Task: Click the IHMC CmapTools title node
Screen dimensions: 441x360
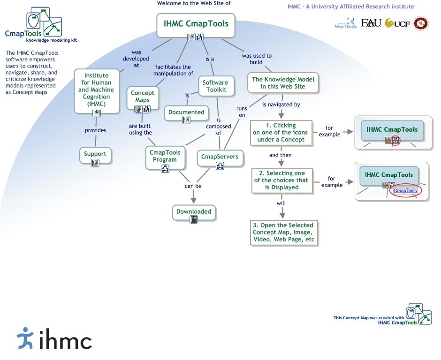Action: pos(196,25)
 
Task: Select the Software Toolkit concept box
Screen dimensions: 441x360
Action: pos(216,86)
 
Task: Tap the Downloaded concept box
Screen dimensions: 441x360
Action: pos(194,213)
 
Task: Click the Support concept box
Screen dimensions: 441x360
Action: pos(95,155)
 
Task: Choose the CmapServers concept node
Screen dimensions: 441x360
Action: pos(220,158)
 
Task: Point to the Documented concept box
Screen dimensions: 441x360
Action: pos(186,113)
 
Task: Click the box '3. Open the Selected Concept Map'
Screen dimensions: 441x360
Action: pos(284,232)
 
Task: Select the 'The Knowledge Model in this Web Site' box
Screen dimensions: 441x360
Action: pos(283,83)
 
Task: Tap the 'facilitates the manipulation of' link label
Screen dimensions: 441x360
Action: pos(173,70)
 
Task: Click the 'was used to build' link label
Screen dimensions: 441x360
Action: pos(257,59)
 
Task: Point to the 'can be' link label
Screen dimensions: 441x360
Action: pos(193,186)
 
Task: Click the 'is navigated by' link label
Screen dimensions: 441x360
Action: pos(281,105)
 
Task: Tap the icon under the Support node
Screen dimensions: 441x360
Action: pos(95,163)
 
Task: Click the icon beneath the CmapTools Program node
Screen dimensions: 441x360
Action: pos(165,169)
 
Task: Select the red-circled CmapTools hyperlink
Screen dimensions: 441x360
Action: pos(405,190)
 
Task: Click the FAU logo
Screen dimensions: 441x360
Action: pos(371,23)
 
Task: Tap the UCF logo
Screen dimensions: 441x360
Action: pos(397,23)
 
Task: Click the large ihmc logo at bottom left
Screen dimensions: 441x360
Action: pos(54,338)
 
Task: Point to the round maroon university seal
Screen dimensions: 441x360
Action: pos(421,23)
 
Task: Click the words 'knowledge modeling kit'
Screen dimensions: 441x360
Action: pos(52,40)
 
